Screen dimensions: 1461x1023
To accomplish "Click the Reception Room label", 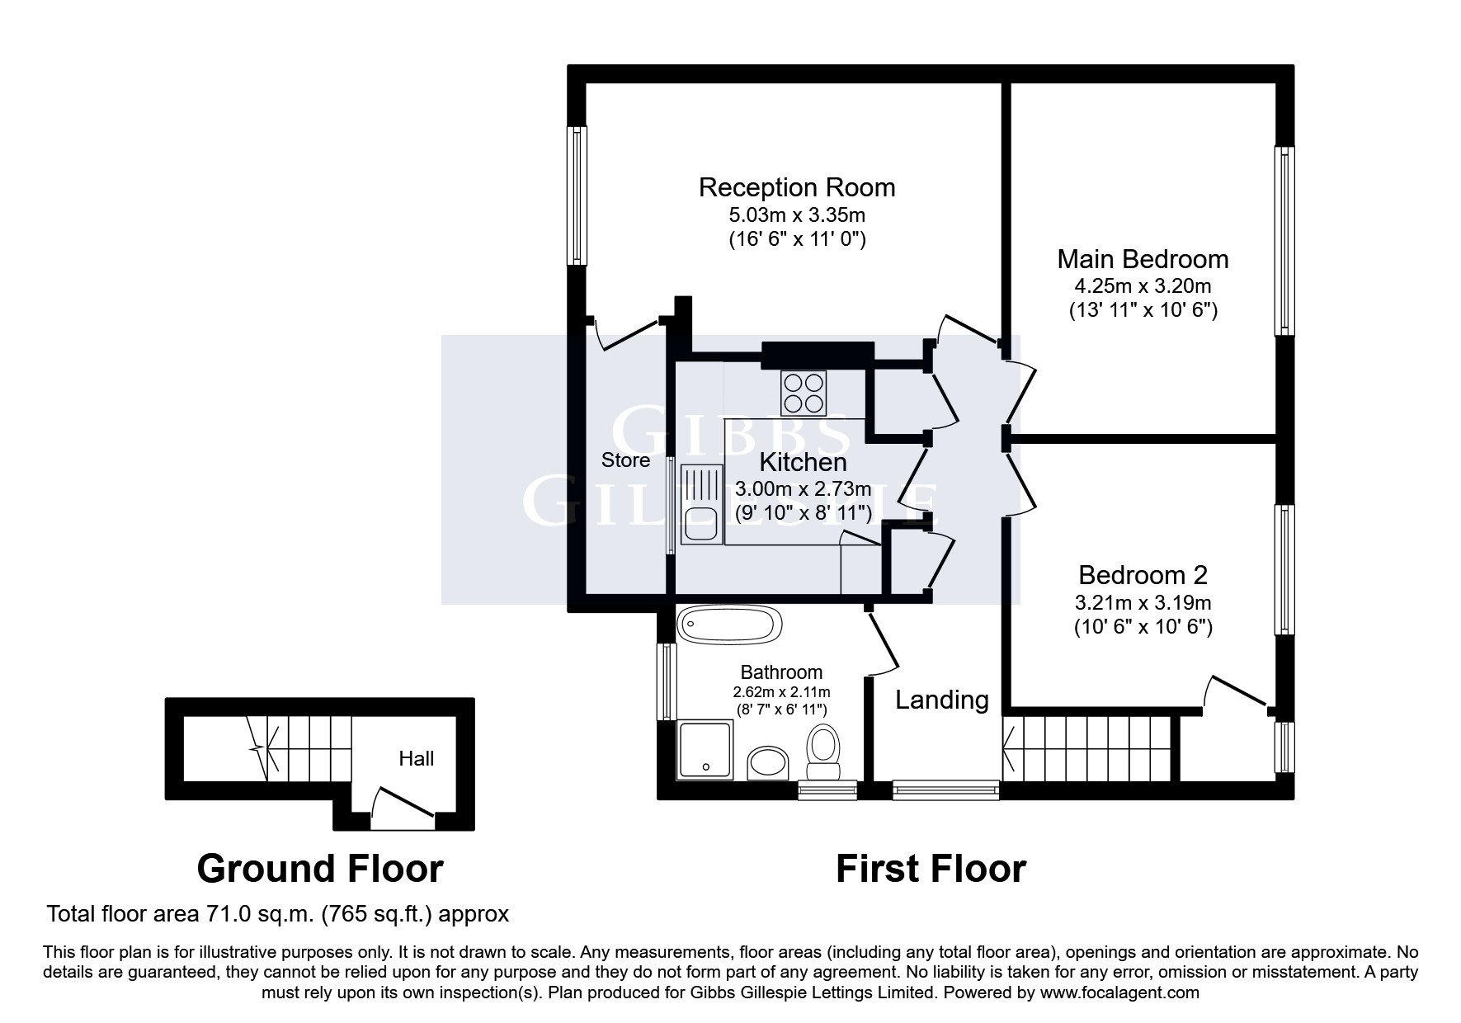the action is [x=797, y=187].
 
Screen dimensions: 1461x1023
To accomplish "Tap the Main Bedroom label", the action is [x=1143, y=259].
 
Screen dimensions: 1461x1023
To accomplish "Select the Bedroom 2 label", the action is [x=1143, y=574].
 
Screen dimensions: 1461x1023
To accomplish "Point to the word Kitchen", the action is [x=803, y=462].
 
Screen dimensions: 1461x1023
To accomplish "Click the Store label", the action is [x=625, y=460].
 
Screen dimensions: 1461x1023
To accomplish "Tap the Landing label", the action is [x=942, y=700].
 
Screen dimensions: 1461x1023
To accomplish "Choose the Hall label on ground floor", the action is [x=416, y=758].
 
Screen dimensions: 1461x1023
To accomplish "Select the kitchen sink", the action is [x=700, y=502].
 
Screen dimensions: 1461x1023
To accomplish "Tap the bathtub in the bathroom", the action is [x=728, y=625].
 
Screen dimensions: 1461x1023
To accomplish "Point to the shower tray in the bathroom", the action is [x=705, y=751].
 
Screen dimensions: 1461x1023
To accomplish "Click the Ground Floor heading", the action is [x=320, y=869].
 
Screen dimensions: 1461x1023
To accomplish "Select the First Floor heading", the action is [x=931, y=869].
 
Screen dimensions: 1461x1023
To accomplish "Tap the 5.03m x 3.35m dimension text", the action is [x=797, y=216].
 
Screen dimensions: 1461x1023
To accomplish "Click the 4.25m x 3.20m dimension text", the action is [x=1143, y=287].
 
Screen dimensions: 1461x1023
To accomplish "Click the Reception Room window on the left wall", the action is [x=577, y=196].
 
